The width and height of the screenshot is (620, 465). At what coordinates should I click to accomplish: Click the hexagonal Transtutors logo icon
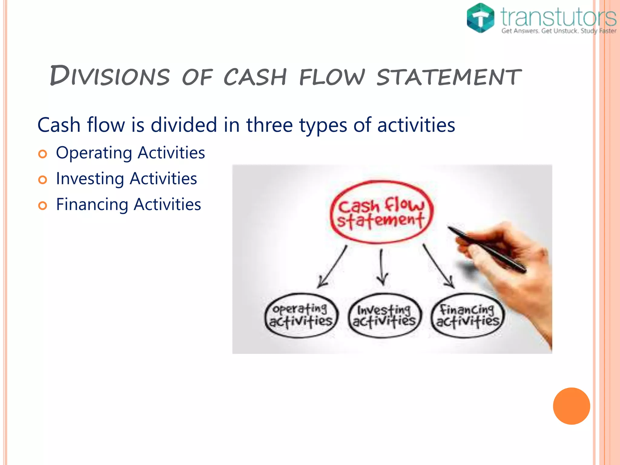(480, 18)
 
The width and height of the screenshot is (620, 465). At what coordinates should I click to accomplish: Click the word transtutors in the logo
(558, 17)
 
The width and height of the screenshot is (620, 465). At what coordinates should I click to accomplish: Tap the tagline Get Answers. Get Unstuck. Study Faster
(559, 31)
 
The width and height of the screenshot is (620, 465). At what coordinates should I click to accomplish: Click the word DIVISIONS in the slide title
(110, 76)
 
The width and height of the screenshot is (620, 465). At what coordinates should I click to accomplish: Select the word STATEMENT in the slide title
(449, 77)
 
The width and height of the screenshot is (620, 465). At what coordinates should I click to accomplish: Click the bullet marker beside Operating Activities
(43, 154)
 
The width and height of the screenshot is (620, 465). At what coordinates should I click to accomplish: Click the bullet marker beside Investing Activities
(43, 180)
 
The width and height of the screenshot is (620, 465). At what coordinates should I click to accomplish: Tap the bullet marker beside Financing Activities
(43, 206)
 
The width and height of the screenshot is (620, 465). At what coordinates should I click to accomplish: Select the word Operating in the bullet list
(94, 153)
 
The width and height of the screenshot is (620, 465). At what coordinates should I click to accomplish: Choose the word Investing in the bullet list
(90, 178)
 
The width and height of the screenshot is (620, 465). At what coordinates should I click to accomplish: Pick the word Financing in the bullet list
(92, 204)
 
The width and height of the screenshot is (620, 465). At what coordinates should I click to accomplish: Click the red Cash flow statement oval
(381, 212)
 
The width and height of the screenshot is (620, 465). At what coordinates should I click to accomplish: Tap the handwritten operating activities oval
(301, 315)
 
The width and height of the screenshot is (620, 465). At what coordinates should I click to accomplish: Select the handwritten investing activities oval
(384, 315)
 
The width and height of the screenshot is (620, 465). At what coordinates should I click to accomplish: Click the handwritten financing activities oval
(467, 315)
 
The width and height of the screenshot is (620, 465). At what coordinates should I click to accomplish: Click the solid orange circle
(571, 406)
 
